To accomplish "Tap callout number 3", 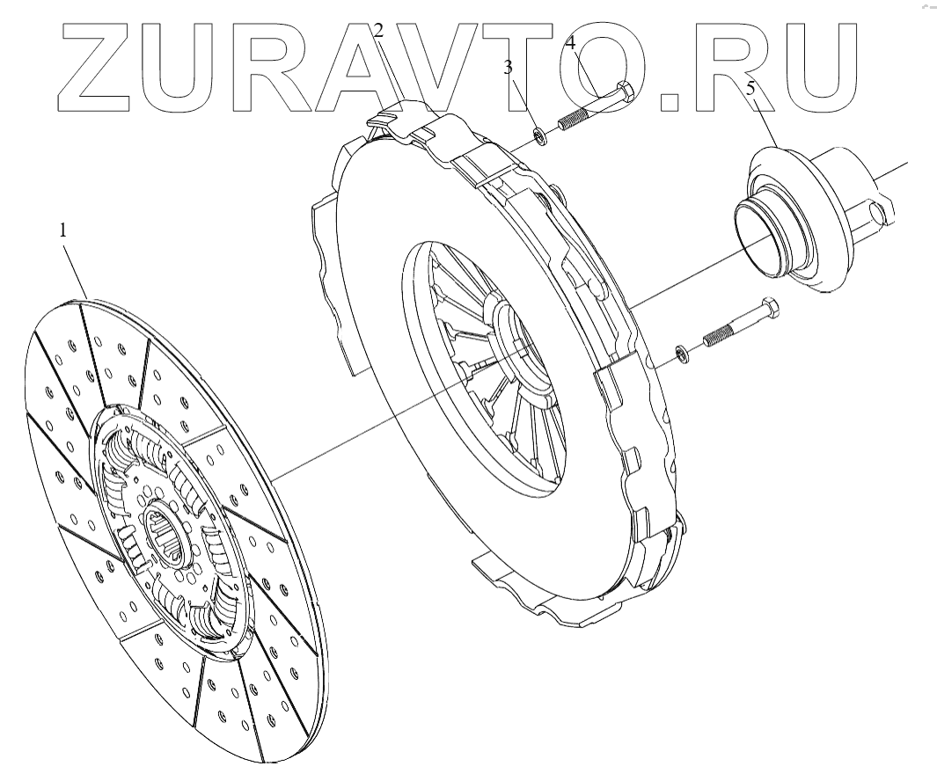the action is point(508,69).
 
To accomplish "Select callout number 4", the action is point(570,41).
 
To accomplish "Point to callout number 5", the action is point(750,88).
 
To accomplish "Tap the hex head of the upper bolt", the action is point(623,91).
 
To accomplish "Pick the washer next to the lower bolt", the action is point(681,354).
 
